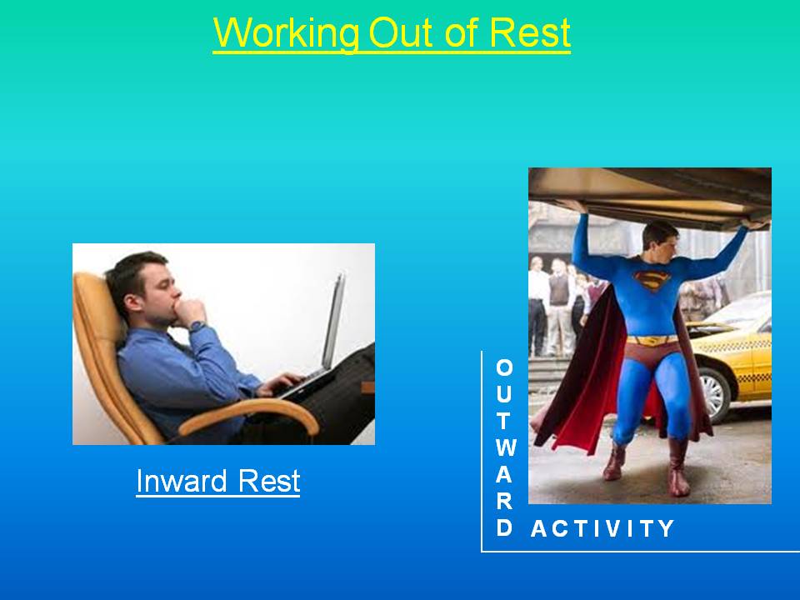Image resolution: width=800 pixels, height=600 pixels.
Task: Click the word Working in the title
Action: (286, 32)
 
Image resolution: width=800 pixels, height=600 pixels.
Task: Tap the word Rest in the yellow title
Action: (530, 32)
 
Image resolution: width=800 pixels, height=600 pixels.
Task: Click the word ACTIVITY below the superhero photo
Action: (602, 528)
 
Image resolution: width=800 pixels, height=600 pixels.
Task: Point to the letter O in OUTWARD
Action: (504, 367)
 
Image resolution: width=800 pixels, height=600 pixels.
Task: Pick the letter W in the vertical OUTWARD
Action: (506, 447)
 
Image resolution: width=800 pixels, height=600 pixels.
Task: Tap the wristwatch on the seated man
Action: (196, 326)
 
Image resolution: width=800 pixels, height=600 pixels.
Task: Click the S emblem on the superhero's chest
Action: (651, 280)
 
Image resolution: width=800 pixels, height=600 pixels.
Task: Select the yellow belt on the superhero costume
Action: (652, 340)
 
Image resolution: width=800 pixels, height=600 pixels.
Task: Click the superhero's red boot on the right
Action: (678, 467)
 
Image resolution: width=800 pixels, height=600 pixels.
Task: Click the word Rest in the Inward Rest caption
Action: (269, 481)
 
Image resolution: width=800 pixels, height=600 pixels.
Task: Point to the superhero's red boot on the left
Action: (615, 460)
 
